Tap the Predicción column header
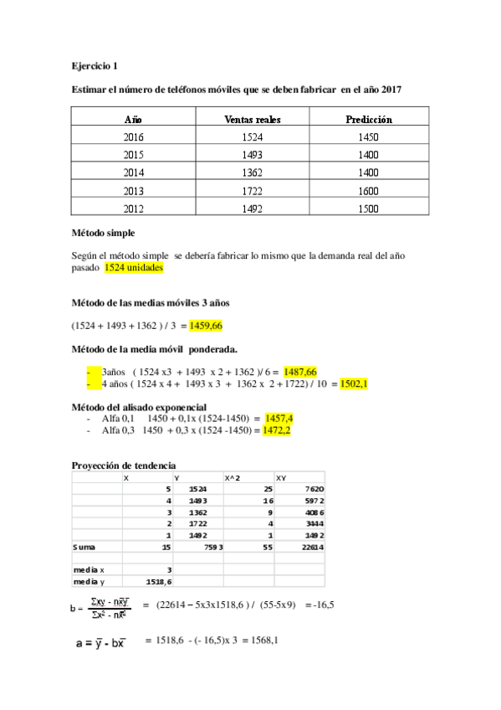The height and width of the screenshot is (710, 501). point(369,119)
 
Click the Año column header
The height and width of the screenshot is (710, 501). point(132,119)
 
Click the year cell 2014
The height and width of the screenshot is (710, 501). point(133,172)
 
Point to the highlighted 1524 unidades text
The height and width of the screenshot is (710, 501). point(134,268)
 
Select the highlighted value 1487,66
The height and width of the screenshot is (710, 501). point(300,371)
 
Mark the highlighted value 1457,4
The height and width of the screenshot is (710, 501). point(279,417)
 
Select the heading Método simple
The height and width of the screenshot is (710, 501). point(103,232)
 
